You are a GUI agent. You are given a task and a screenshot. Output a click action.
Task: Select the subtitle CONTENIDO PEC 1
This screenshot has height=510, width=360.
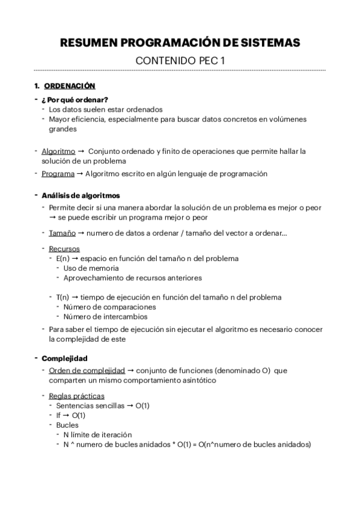tap(180, 61)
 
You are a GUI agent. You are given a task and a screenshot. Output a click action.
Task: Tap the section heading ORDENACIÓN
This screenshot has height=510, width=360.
tap(70, 86)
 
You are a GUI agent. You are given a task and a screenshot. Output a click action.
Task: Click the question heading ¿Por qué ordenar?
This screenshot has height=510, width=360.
tap(75, 99)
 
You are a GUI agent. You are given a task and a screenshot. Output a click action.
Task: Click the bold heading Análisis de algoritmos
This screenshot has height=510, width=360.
tap(81, 195)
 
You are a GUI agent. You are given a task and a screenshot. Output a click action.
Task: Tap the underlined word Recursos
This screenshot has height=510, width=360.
tap(64, 248)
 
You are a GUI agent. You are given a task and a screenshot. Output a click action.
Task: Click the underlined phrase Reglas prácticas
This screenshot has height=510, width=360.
tap(77, 396)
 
